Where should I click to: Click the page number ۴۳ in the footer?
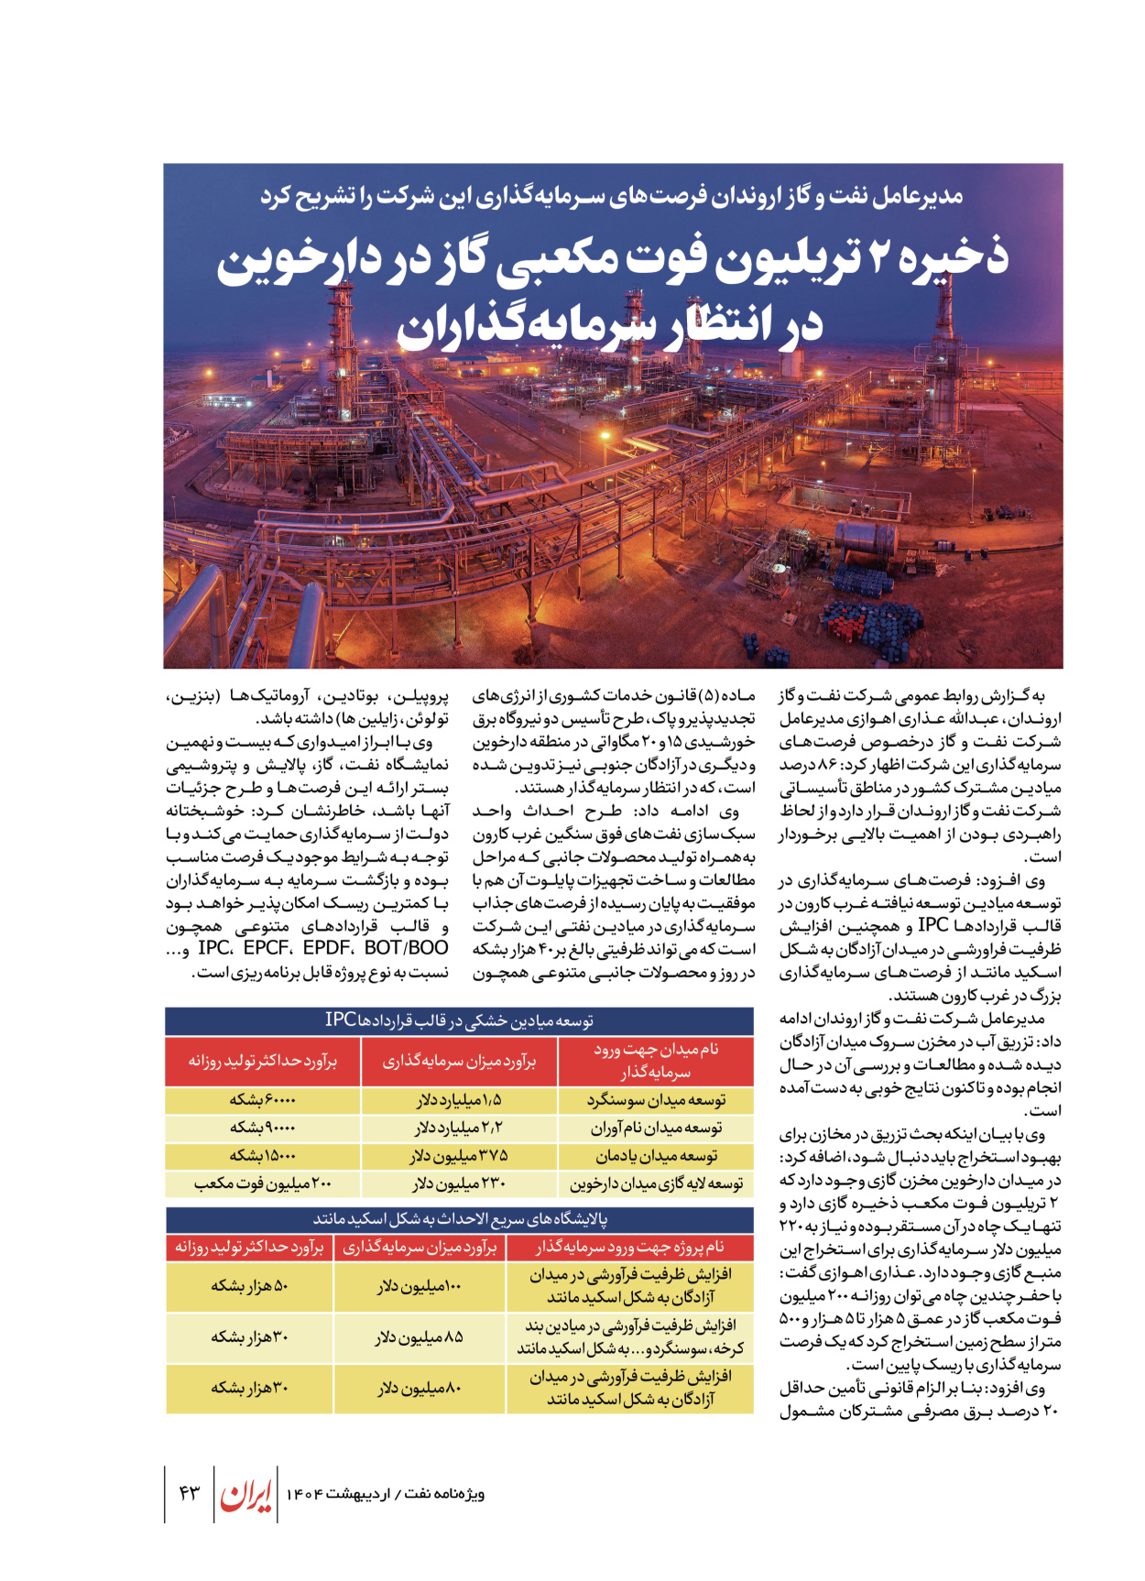189,1493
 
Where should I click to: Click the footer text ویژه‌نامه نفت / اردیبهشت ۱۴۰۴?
385,1494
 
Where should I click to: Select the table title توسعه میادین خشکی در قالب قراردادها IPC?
459,1020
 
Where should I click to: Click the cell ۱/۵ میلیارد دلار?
459,1100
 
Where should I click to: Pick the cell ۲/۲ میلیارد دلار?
459,1128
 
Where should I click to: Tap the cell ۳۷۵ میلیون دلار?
459,1156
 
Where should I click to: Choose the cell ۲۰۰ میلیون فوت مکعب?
262,1183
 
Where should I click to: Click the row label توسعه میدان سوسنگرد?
656,1100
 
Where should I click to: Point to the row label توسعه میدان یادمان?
656,1156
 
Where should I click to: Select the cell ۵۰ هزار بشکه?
249,1286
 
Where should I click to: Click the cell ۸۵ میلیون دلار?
419,1337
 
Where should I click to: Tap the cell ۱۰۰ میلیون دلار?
419,1286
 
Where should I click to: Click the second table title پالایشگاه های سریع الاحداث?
459,1219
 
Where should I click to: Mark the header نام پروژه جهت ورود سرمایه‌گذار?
629,1247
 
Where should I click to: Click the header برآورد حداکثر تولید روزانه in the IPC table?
262,1061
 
